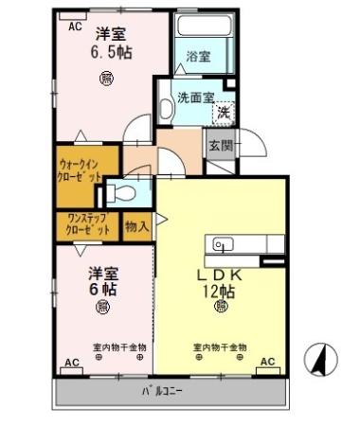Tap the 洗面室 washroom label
(x=196, y=96)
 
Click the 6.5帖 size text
(x=111, y=52)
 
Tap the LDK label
(x=221, y=274)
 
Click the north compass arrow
(x=321, y=360)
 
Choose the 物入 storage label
(x=135, y=227)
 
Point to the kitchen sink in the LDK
(x=224, y=244)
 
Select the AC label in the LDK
(x=267, y=362)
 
